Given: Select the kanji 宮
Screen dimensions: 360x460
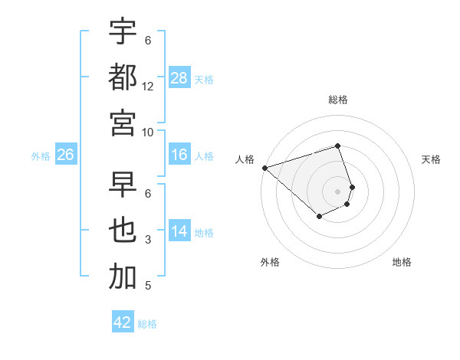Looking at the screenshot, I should pyautogui.click(x=123, y=123).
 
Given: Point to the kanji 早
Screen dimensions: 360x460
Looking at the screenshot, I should pyautogui.click(x=123, y=185).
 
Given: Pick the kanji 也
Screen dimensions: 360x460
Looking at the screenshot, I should pyautogui.click(x=123, y=231).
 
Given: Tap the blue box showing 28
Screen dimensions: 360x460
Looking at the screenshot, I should pyautogui.click(x=179, y=78).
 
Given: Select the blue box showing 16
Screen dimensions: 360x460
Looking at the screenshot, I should pyautogui.click(x=179, y=155).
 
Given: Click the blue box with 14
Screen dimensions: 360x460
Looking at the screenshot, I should pyautogui.click(x=179, y=232).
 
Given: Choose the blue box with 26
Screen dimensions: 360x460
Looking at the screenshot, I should pyautogui.click(x=66, y=155).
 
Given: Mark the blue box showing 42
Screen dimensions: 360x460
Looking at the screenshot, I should pyautogui.click(x=123, y=322).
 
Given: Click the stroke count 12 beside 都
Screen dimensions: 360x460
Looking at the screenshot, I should pyautogui.click(x=148, y=87).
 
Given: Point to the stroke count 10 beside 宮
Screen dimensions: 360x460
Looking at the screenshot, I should pyautogui.click(x=148, y=132).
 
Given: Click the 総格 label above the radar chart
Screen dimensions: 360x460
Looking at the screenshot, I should pyautogui.click(x=337, y=100).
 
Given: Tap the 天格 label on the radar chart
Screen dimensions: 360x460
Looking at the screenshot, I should pyautogui.click(x=431, y=159).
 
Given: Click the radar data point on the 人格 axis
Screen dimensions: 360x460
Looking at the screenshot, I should pyautogui.click(x=264, y=168).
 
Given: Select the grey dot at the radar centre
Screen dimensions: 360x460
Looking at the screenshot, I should pyautogui.click(x=337, y=191).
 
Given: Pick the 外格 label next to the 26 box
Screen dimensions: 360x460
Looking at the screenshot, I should pyautogui.click(x=41, y=156).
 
